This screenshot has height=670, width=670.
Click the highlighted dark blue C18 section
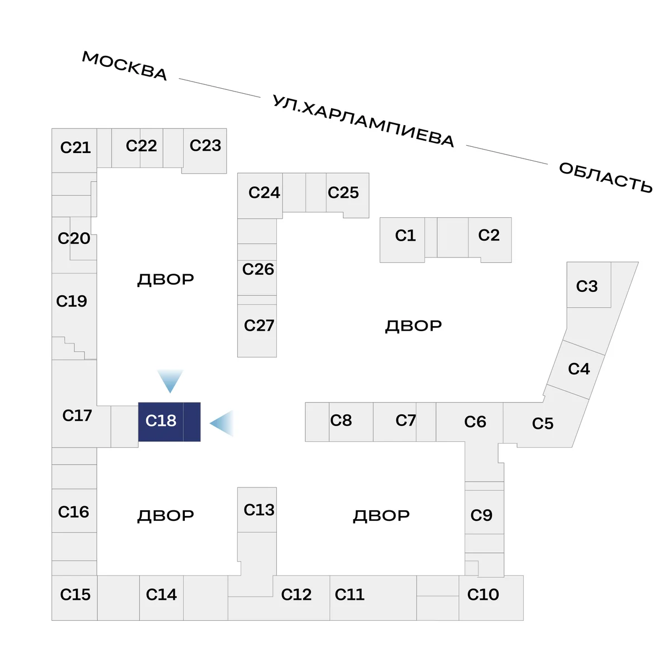coord(169,422)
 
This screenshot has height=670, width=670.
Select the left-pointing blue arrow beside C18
coord(222,423)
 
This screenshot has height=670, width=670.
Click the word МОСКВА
coord(125,66)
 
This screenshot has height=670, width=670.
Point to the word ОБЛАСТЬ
coord(605,178)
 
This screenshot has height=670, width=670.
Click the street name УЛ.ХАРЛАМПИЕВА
coord(363,121)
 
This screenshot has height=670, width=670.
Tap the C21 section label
coord(75,147)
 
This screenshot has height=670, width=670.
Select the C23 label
coord(205,145)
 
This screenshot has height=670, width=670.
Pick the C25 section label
coord(343,192)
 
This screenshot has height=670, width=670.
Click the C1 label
coord(405,236)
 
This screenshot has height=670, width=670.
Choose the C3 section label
coord(587,286)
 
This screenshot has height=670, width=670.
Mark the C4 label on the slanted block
coord(579,368)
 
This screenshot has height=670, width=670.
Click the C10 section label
coord(483,594)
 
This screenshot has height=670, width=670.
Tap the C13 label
coord(259,510)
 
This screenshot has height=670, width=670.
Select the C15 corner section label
coord(75,594)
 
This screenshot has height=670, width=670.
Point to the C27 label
coord(259,326)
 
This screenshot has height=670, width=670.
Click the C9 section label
coord(481,515)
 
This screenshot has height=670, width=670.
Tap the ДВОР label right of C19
coord(165,280)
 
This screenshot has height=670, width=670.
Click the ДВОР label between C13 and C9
coord(381,516)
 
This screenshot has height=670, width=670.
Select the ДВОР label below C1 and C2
coord(413,326)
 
